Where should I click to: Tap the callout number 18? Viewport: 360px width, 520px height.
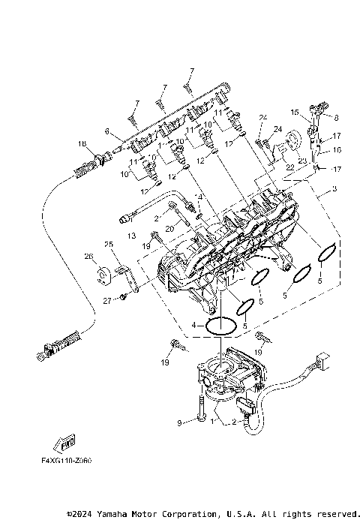coord(81,143)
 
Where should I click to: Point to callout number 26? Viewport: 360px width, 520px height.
coord(89,257)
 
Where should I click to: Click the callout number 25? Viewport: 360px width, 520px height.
coord(108,245)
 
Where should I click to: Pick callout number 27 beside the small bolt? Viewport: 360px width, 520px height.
coord(107,300)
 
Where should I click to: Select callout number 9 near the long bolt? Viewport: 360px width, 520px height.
coord(179,423)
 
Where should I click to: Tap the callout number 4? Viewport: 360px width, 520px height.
coord(194,326)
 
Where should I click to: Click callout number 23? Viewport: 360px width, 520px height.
coord(301,161)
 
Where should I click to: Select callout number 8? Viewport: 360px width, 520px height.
coord(336,118)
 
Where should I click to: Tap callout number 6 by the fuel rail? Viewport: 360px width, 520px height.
coord(107,131)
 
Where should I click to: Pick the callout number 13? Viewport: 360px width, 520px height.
coord(132,236)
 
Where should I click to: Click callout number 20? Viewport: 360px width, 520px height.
coord(170,227)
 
